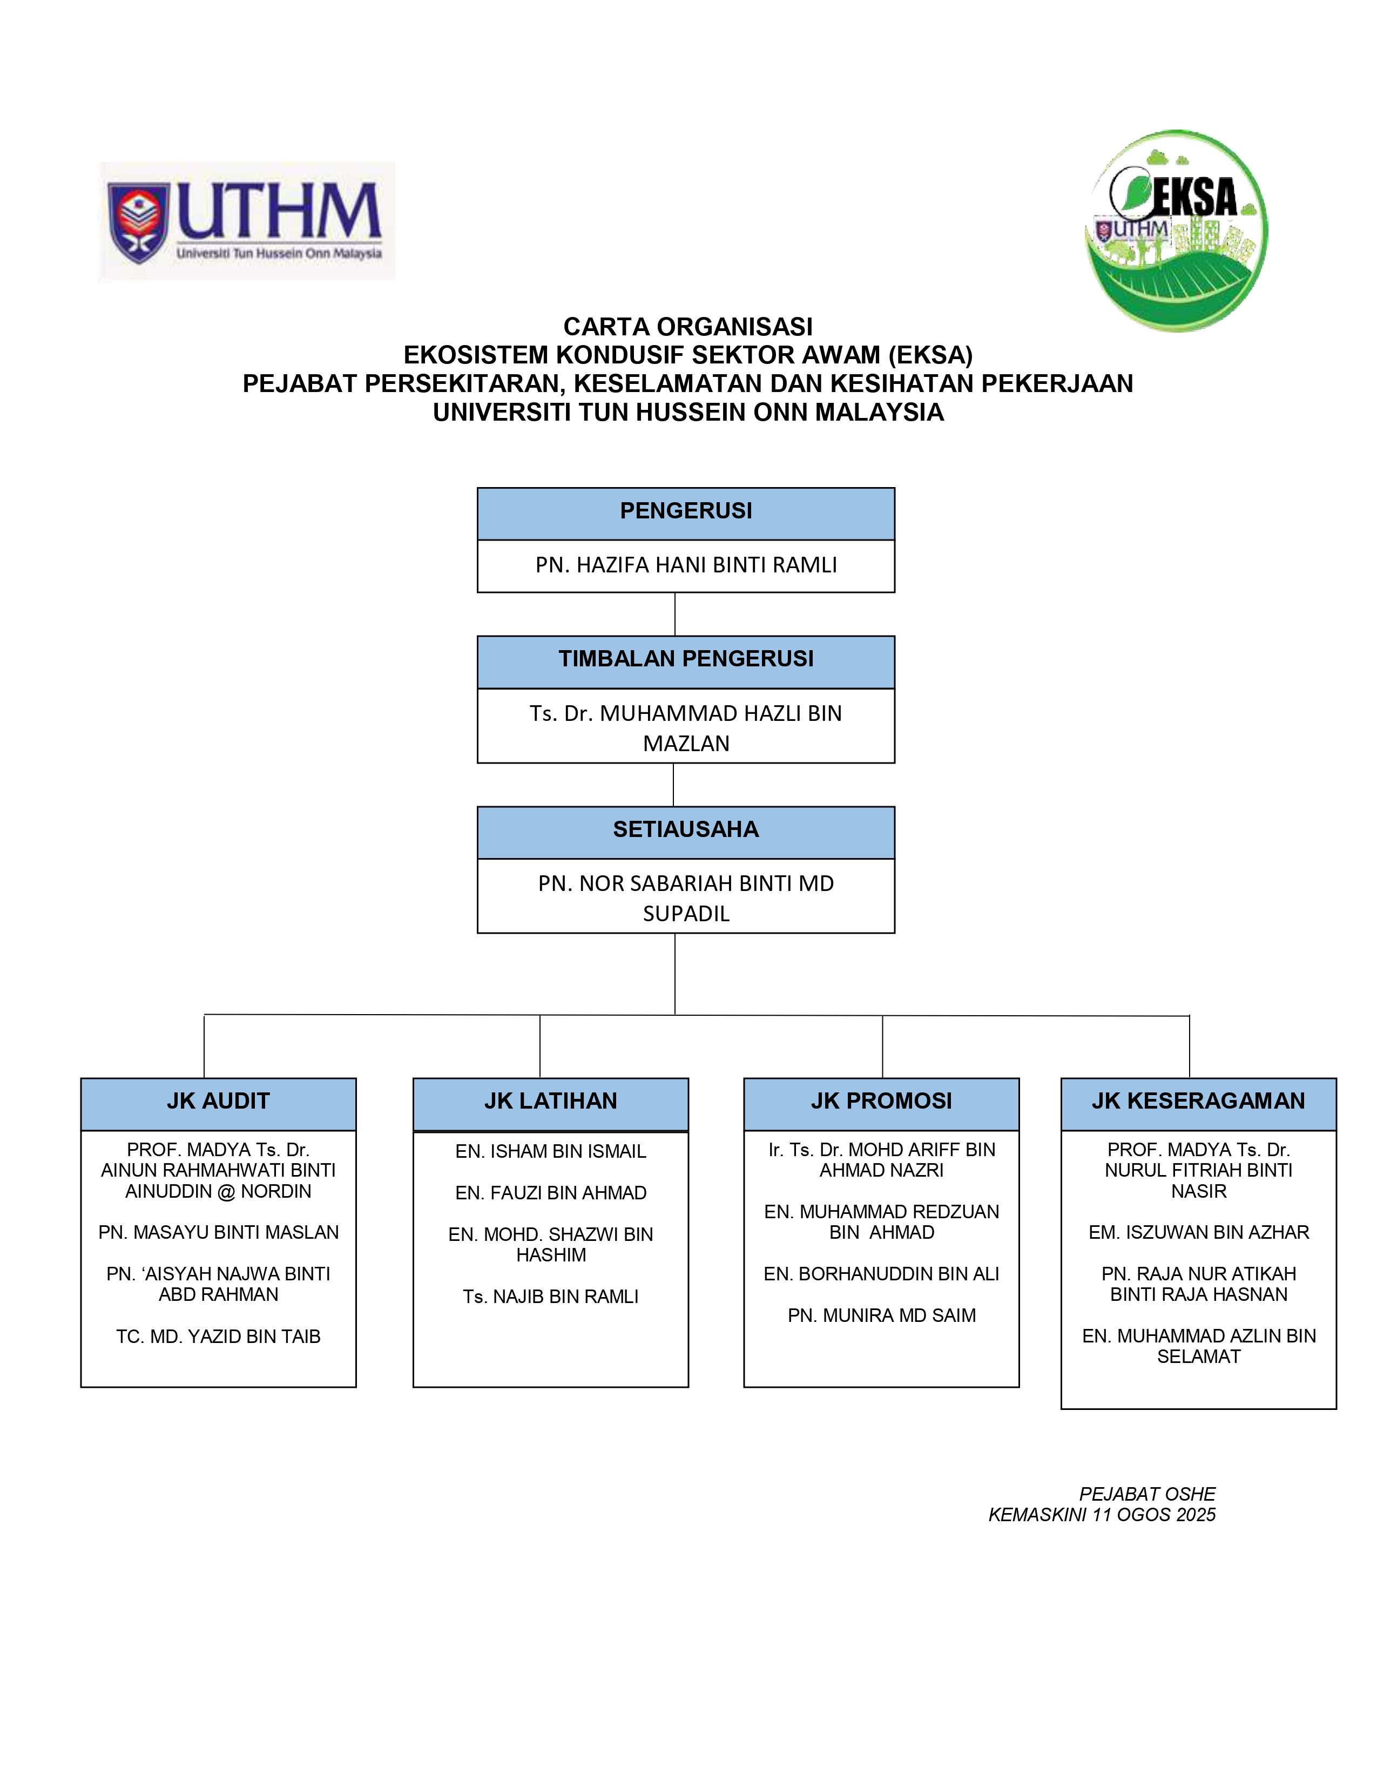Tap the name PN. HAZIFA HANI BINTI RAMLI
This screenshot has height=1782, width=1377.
pos(685,565)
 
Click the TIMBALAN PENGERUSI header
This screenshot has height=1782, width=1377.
pos(685,660)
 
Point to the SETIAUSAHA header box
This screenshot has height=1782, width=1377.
pos(685,831)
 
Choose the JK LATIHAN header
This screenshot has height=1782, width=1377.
pos(551,1102)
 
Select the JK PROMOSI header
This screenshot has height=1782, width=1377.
pos(881,1102)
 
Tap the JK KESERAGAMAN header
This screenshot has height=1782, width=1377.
pos(1198,1102)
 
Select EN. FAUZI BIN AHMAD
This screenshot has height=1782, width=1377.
pos(551,1193)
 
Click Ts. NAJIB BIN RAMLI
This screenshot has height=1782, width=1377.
pos(551,1297)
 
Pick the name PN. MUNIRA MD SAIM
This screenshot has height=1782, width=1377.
pos(881,1315)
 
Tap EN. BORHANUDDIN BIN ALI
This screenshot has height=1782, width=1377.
pos(881,1274)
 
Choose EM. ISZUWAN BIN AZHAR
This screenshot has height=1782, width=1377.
pos(1198,1233)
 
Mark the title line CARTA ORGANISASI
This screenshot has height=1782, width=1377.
pos(687,327)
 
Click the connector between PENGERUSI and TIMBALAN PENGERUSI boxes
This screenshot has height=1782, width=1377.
pos(674,615)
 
